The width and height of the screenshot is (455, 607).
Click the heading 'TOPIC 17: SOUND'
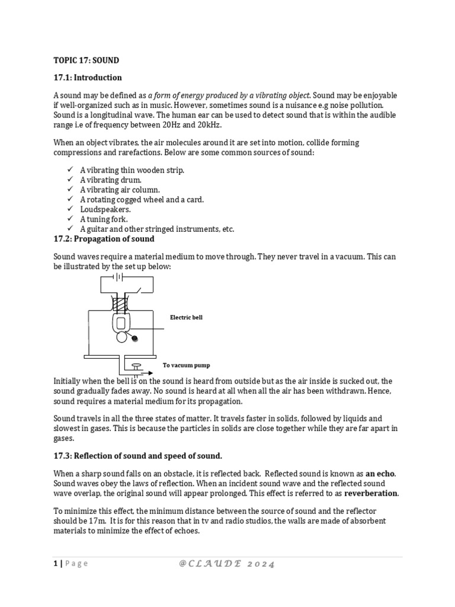click(x=86, y=60)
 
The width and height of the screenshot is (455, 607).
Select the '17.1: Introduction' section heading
click(x=88, y=78)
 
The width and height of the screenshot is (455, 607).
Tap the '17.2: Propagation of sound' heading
click(x=104, y=239)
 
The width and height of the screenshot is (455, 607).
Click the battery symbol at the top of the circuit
click(x=118, y=277)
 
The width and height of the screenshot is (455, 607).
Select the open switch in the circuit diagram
click(x=137, y=290)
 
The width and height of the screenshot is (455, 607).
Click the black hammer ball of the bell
click(x=135, y=338)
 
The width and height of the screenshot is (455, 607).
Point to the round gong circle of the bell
click(x=121, y=337)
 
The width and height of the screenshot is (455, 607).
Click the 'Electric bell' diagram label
click(x=186, y=318)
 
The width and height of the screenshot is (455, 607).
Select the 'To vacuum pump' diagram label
click(x=186, y=365)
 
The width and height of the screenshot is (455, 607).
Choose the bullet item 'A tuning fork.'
click(x=104, y=219)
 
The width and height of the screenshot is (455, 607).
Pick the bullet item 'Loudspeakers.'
click(x=105, y=210)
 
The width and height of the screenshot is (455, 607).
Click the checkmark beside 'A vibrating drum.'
click(x=69, y=180)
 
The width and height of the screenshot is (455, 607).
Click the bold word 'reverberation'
click(x=371, y=493)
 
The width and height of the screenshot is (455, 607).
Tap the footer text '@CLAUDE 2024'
click(x=227, y=564)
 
